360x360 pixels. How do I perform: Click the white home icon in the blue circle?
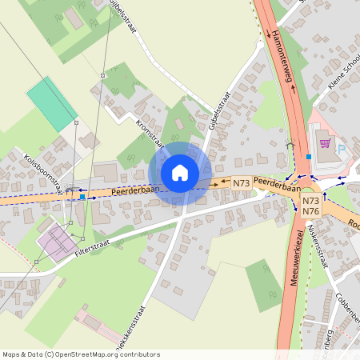click(180, 173)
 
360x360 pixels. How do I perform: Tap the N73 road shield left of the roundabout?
click(242, 183)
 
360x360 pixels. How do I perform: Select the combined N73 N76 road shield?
click(311, 206)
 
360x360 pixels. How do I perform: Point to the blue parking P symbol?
click(342, 149)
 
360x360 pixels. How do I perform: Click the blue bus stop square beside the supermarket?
click(309, 157)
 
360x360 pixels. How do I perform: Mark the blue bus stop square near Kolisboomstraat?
click(82, 196)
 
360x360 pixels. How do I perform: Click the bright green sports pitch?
click(52, 103)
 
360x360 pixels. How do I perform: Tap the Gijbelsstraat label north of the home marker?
click(218, 110)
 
